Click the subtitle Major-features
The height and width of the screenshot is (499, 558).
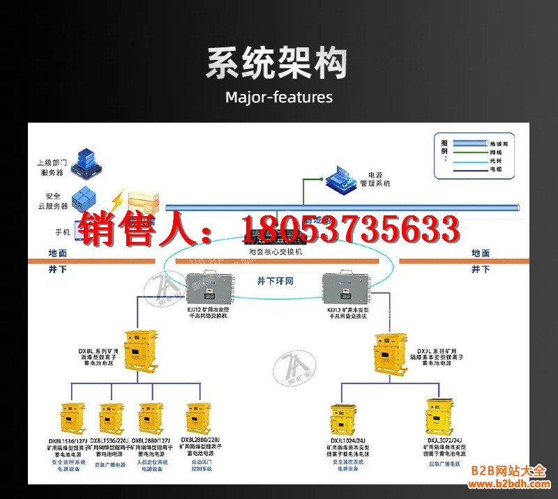(x=279, y=97)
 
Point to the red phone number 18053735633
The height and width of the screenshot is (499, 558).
(x=349, y=230)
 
